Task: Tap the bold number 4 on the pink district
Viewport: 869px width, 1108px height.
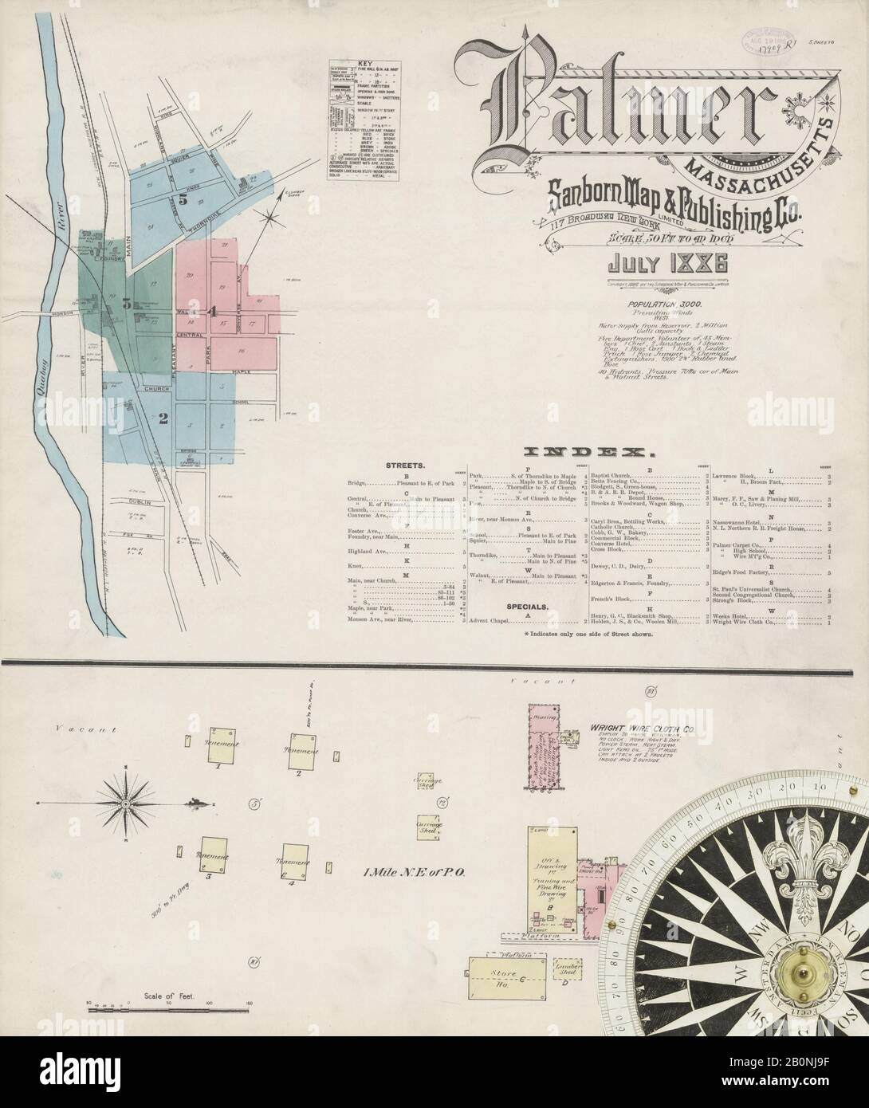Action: point(211,312)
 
